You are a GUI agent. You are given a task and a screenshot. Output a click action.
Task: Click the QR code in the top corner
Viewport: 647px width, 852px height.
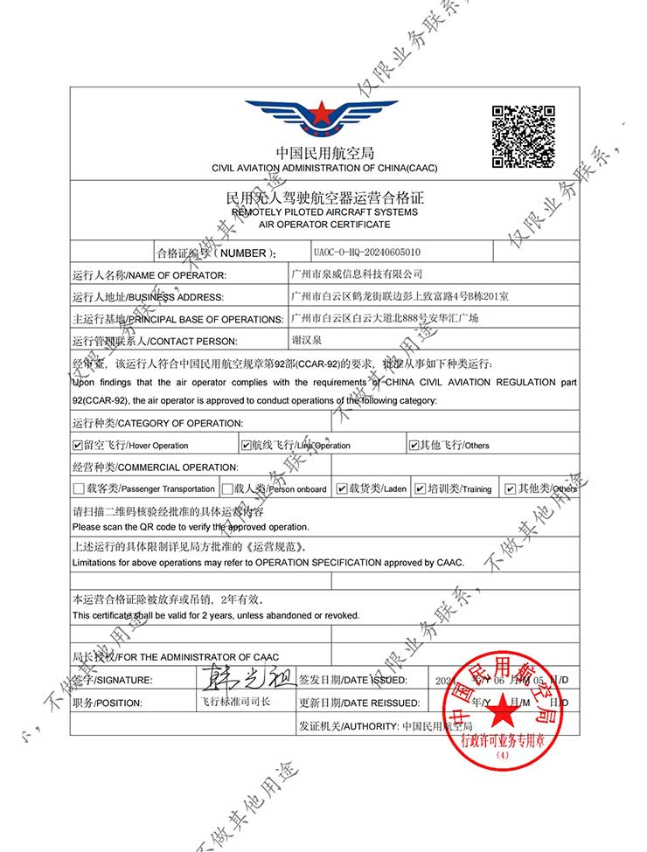[524, 135]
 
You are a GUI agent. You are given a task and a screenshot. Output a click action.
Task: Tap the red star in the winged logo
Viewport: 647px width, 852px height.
[321, 113]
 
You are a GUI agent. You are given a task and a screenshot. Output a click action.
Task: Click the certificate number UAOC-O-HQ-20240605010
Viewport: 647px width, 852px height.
[366, 251]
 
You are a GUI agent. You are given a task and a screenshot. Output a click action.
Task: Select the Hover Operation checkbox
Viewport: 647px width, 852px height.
[79, 445]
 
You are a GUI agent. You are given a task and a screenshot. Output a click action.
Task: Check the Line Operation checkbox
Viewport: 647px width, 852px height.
[246, 445]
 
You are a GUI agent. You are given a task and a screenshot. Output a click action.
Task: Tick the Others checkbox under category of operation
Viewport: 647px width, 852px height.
[414, 445]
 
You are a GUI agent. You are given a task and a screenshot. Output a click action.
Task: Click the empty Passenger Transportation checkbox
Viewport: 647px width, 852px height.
[79, 488]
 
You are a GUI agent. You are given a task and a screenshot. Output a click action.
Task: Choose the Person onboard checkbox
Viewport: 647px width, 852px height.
[227, 488]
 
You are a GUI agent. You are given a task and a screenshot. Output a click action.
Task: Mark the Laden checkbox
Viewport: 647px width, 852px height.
[342, 488]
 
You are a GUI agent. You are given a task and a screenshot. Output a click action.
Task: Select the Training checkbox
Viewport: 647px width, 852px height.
[421, 488]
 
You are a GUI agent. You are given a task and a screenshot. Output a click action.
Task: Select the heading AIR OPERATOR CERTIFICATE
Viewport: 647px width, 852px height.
[324, 225]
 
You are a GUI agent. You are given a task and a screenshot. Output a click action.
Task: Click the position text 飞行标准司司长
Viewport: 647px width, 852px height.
[233, 702]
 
